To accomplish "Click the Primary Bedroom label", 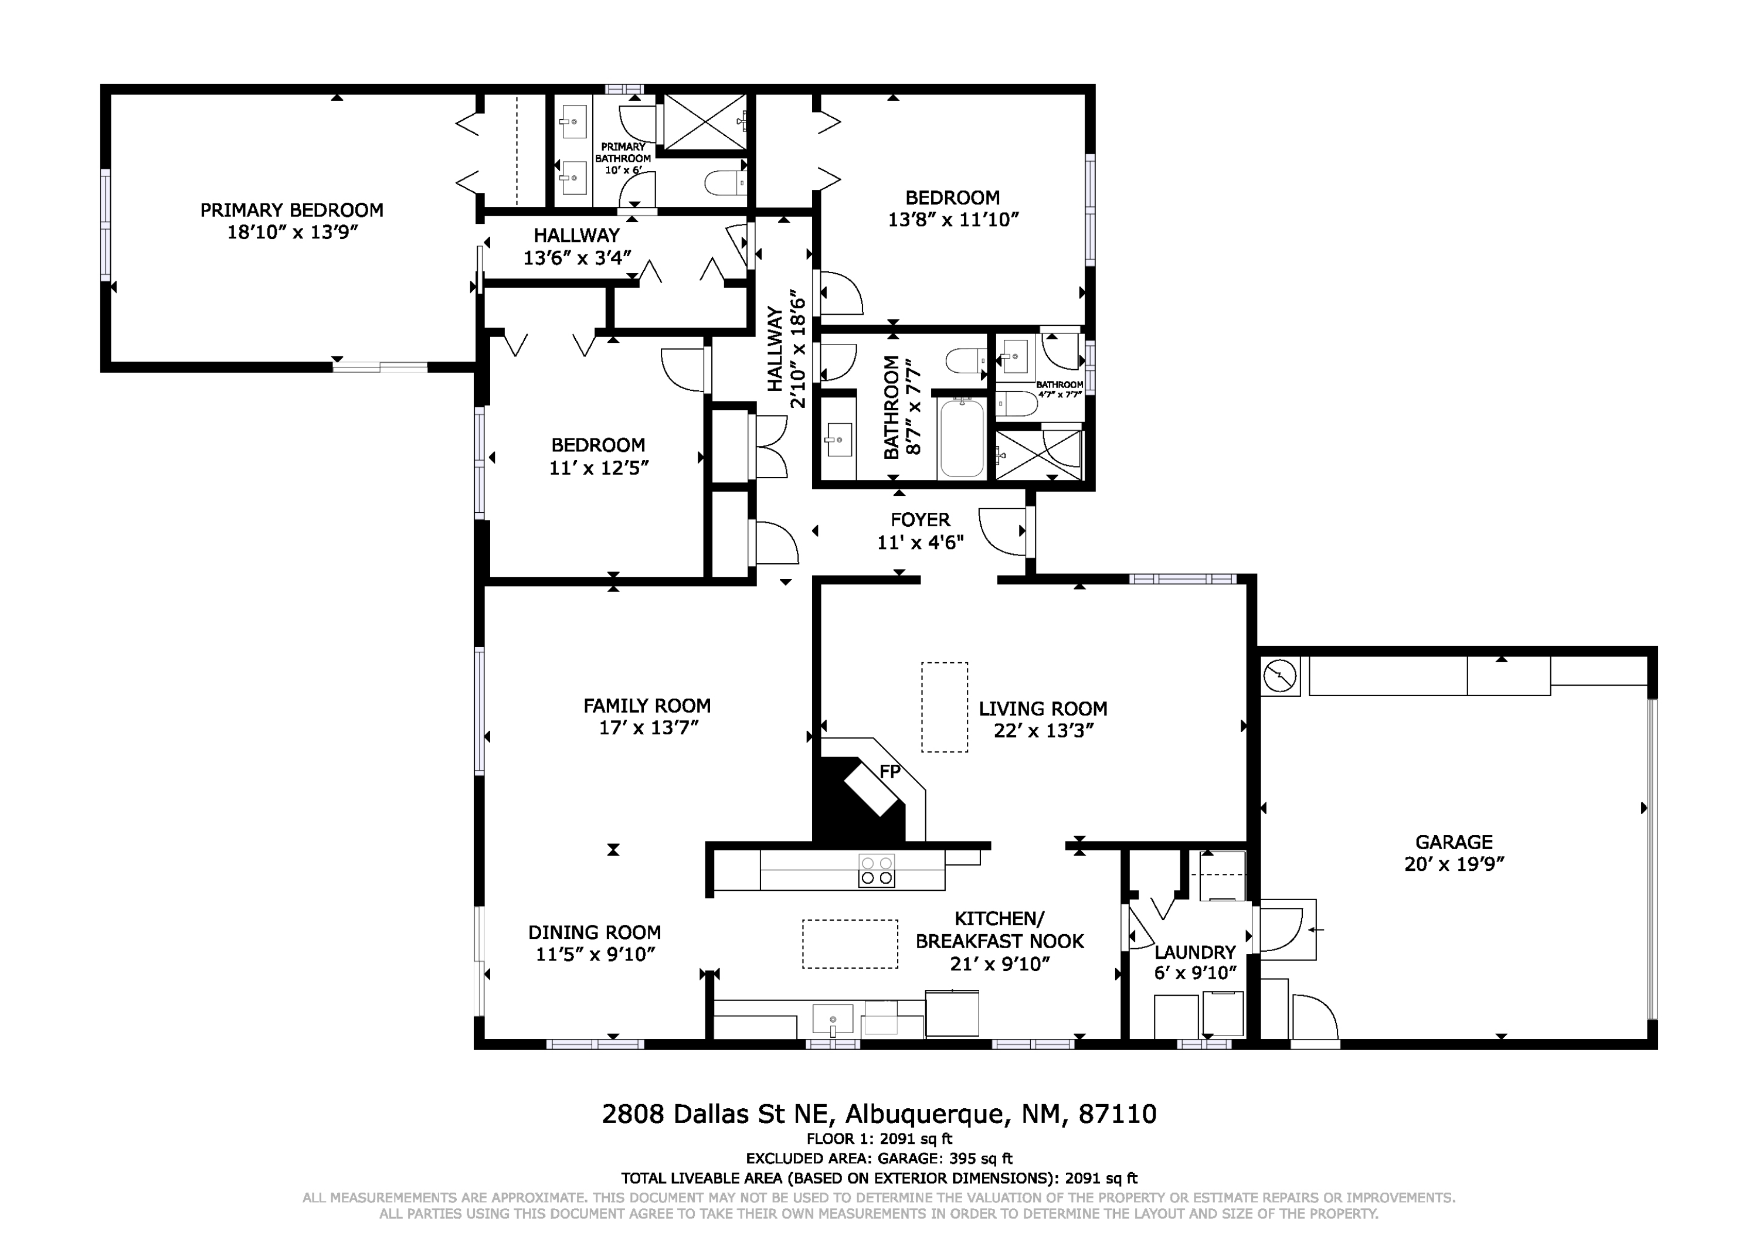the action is (x=292, y=210).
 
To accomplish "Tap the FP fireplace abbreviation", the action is (x=889, y=772).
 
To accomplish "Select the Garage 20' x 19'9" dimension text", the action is (x=1454, y=864).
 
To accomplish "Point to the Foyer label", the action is (x=920, y=520).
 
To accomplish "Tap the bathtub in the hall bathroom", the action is (x=962, y=437).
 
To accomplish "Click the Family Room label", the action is (x=647, y=706).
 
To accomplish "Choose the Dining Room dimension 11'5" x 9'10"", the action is (x=595, y=954).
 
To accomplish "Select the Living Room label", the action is (x=1043, y=709).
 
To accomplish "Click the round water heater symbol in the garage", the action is (x=1280, y=676).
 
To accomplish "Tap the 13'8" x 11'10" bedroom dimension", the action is (x=953, y=220).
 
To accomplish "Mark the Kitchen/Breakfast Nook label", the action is (x=1000, y=930).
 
